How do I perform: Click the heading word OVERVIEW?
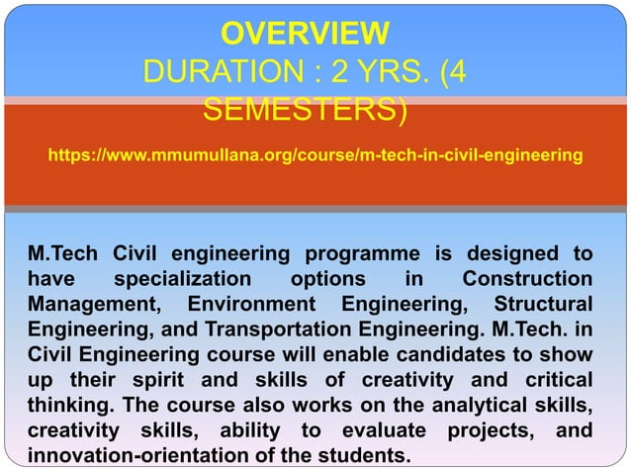(x=305, y=34)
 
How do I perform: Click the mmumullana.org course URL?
(x=315, y=155)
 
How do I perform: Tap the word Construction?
(x=528, y=279)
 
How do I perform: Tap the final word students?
(x=366, y=455)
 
